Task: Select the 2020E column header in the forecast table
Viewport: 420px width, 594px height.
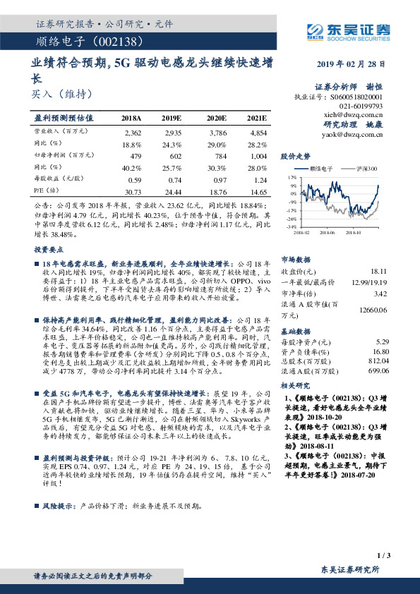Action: click(x=215, y=119)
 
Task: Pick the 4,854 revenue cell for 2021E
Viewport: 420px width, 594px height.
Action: click(x=258, y=133)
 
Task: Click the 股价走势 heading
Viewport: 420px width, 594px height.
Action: click(x=296, y=155)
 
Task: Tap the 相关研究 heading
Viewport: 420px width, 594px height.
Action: click(x=296, y=386)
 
